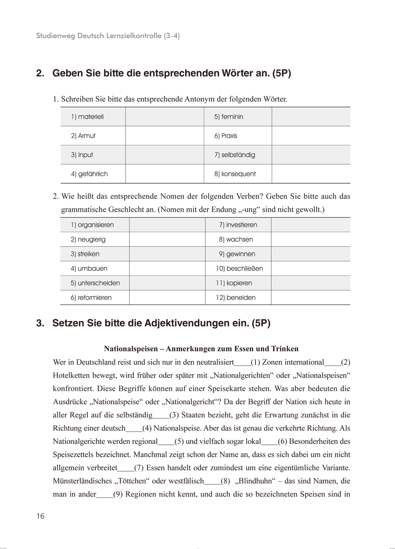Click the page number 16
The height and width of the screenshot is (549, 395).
coord(40,516)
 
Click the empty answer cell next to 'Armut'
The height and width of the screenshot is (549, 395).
coord(165,136)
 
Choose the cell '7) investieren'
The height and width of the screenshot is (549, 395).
coord(238,225)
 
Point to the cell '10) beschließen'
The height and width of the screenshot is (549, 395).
coord(238,269)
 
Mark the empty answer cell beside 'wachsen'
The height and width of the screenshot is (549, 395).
coord(310,240)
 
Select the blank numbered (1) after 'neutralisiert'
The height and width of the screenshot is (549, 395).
coord(242,363)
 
